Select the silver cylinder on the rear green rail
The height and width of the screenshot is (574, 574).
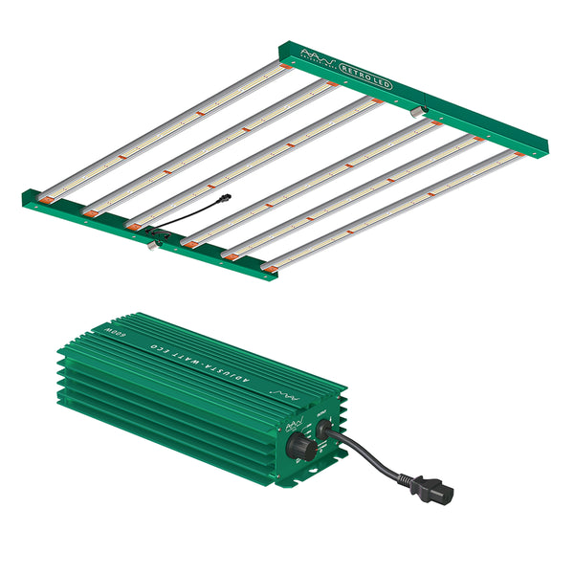(x=419, y=112)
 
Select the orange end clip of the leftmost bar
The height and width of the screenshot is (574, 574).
(x=46, y=198)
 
